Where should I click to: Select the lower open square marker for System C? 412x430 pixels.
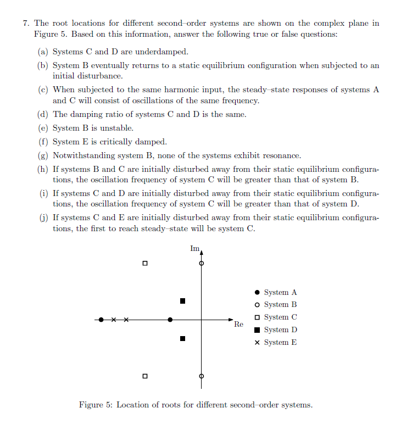(x=144, y=376)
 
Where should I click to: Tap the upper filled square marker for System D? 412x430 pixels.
(x=183, y=301)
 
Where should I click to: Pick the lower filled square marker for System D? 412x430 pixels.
(x=183, y=339)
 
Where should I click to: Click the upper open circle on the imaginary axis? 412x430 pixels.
(x=202, y=264)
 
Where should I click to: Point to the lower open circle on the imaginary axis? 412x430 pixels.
(x=202, y=376)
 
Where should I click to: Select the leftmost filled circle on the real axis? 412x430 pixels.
(x=101, y=319)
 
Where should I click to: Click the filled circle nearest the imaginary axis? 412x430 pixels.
(x=170, y=319)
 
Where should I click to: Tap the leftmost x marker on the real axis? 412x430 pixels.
(x=114, y=319)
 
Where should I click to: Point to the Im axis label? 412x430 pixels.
(x=194, y=249)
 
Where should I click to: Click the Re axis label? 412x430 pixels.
(x=238, y=325)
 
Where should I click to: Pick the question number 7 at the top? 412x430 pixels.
(x=26, y=24)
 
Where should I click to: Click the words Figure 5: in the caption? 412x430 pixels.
(x=96, y=405)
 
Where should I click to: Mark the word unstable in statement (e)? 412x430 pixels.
(x=117, y=129)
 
